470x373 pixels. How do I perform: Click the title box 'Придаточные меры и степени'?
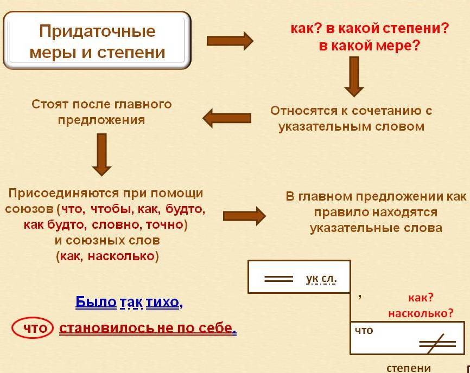97,41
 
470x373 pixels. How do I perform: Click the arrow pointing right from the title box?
230,41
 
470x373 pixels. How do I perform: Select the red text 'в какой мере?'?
369,46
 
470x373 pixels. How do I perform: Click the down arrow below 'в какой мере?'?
354,76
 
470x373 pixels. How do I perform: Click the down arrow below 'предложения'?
101,154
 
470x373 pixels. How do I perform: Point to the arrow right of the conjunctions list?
244,216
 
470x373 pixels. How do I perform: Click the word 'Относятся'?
300,111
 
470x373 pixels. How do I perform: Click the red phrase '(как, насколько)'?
107,256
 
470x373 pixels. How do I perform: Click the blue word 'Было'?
96,303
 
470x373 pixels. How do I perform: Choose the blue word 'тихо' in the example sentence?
162,303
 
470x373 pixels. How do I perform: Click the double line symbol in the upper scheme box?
278,279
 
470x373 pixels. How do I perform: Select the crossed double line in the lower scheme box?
436,343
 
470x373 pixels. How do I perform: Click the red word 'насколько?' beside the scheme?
421,313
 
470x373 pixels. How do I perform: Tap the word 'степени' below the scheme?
409,368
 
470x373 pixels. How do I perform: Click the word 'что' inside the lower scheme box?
364,330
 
